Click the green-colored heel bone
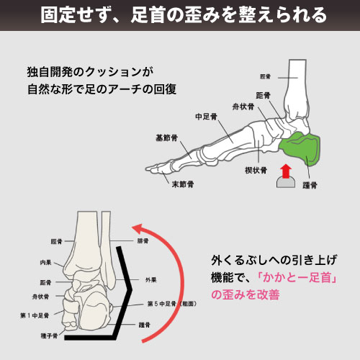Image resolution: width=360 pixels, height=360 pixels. (301, 149)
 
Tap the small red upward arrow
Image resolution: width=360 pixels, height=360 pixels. (286, 171)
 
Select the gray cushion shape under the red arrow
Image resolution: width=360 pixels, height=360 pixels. (286, 182)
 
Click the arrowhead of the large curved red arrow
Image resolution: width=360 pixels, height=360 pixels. (140, 230)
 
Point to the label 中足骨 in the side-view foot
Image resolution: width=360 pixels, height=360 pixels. (206, 117)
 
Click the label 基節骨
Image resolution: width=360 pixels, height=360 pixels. (166, 138)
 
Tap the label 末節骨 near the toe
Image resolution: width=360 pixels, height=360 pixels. (183, 184)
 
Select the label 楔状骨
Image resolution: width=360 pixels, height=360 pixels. (256, 170)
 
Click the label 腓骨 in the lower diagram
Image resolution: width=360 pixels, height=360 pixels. (143, 240)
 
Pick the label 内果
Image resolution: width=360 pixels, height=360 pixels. (45, 262)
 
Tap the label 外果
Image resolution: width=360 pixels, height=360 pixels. (151, 280)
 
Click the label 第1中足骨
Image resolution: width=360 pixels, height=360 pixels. (35, 315)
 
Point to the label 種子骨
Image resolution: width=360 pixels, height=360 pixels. (50, 336)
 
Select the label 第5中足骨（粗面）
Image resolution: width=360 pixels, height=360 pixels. (172, 304)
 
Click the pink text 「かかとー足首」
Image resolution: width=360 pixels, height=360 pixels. (297, 278)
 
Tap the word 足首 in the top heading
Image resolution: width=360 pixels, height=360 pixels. (148, 15)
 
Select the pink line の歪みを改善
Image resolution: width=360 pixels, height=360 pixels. (246, 294)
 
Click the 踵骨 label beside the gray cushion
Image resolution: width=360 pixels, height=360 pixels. (310, 185)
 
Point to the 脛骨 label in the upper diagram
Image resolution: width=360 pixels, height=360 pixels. (265, 76)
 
